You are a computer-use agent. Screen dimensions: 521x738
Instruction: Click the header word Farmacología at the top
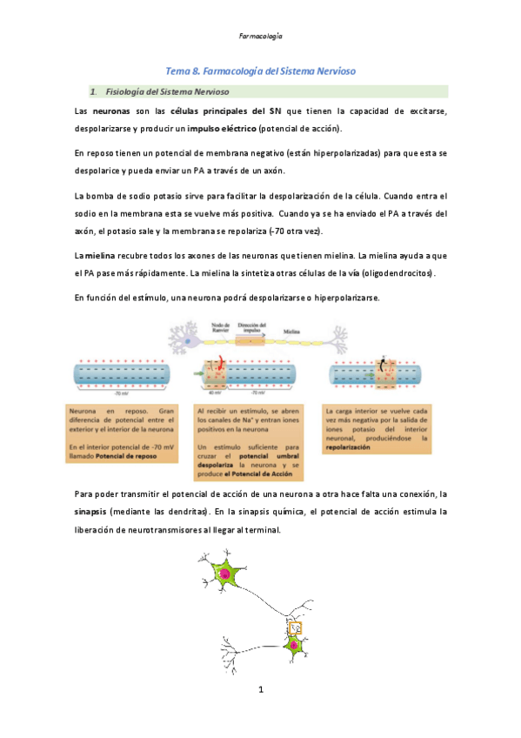tap(260, 37)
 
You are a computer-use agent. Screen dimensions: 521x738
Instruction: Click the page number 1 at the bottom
tap(260, 690)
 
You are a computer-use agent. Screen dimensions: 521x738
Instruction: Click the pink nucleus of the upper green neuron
tap(224, 574)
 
